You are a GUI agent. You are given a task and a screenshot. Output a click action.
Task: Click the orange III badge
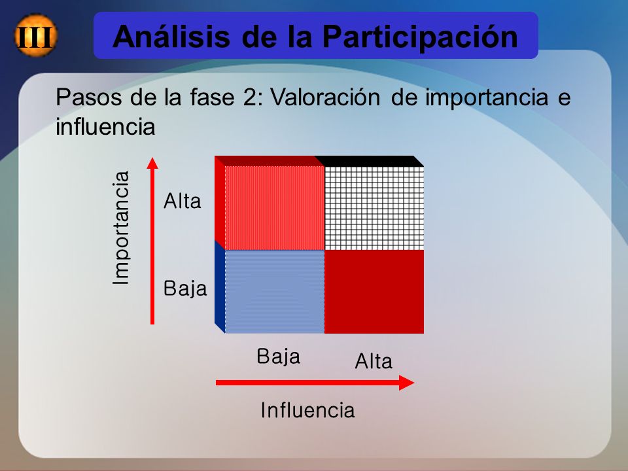pos(35,35)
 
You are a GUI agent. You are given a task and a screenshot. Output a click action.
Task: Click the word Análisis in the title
pos(171,37)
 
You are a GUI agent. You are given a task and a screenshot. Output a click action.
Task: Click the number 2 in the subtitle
pos(249,97)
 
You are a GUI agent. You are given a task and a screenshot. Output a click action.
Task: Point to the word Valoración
pos(325,97)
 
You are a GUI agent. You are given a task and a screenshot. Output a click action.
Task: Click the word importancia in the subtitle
pos(486,97)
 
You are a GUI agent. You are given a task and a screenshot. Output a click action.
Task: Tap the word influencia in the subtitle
pos(105,127)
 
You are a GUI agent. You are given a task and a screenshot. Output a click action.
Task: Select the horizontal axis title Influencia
pos(307,410)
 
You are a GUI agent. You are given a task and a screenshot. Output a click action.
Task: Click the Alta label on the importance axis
pos(183,201)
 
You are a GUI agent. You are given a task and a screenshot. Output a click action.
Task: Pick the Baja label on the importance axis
pos(185,288)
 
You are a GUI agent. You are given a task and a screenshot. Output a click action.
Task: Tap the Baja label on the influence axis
pos(279,357)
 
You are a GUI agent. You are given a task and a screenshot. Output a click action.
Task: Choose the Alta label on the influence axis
pos(374,361)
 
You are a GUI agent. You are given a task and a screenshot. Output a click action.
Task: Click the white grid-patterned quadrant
pos(374,208)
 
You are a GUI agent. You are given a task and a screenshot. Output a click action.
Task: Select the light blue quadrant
pos(275,292)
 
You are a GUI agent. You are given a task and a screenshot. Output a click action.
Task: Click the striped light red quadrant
pos(275,208)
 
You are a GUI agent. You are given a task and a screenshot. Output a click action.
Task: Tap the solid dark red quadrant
pos(374,292)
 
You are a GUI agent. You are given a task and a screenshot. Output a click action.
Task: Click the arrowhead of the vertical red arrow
pos(152,163)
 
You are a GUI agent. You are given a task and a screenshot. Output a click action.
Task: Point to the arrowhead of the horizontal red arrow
pos(406,383)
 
